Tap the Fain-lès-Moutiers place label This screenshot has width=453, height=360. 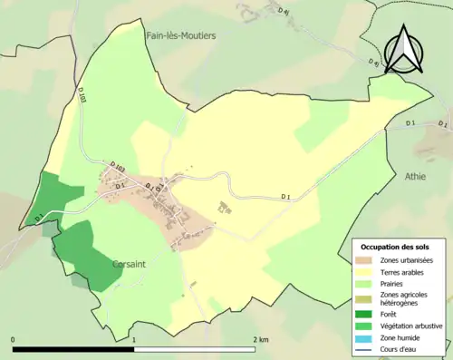(181, 35)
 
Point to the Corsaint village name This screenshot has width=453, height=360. (131, 264)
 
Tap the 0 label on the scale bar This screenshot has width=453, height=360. (14, 339)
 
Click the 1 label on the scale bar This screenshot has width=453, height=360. (134, 339)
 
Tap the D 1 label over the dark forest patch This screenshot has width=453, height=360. (39, 218)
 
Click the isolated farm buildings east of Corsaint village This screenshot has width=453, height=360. (220, 209)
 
